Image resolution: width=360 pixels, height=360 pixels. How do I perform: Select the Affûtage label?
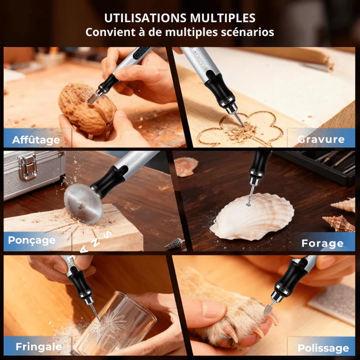point(36,140)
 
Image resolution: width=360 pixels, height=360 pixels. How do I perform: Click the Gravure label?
point(321,139)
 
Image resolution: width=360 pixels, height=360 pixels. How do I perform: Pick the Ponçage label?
point(32,241)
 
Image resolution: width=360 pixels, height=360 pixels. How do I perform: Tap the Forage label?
point(322,244)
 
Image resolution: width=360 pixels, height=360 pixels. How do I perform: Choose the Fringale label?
point(39,347)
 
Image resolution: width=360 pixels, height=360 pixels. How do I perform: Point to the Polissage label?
point(323,348)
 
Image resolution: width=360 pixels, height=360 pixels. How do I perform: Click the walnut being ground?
point(87,109)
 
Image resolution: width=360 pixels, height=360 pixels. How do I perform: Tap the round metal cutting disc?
point(83,204)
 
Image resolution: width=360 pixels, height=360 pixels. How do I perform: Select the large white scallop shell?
point(252,217)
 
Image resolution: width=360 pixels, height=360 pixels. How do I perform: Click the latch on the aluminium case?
point(28,166)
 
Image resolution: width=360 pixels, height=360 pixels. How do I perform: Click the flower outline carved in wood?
point(240,128)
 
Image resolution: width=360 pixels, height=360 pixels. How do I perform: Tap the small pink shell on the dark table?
point(186,166)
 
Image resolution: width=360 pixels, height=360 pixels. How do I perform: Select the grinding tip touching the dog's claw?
point(268,309)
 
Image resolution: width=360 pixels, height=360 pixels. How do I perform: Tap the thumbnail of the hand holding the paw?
point(214,309)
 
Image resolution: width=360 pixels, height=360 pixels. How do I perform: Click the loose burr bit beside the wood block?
point(174,244)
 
